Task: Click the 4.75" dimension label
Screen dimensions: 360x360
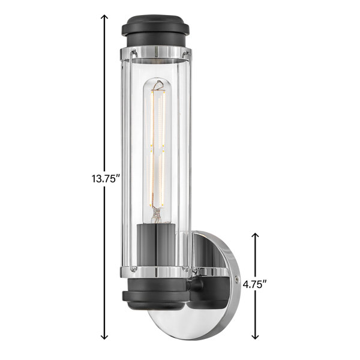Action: click(x=255, y=284)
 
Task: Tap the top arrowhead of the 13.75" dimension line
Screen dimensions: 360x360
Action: click(x=104, y=17)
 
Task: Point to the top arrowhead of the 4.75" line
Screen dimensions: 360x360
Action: click(x=256, y=236)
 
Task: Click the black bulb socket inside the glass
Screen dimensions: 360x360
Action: click(x=156, y=245)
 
